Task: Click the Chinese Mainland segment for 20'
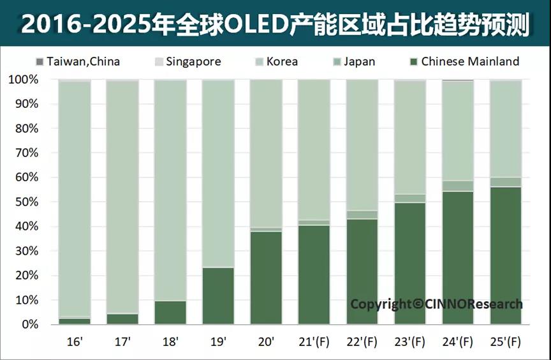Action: tap(265, 278)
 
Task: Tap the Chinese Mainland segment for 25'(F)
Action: tap(505, 255)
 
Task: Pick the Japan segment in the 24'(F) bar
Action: tap(457, 186)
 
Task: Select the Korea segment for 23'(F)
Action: tap(409, 137)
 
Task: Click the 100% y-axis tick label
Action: tap(23, 80)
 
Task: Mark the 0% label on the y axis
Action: tap(28, 325)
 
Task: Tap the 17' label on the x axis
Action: tap(122, 342)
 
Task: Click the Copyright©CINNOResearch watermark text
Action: tap(436, 304)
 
